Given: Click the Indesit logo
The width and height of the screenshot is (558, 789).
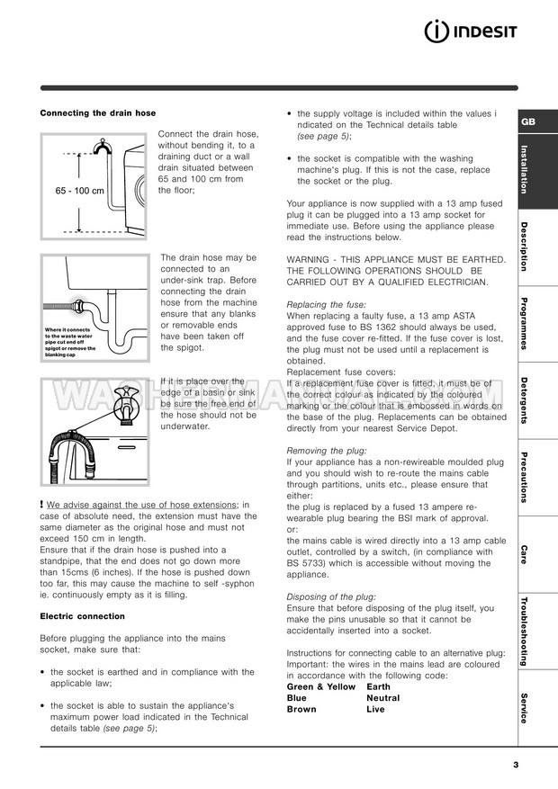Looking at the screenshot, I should coord(470,34).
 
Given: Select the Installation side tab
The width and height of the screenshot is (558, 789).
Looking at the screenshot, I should coord(525,168).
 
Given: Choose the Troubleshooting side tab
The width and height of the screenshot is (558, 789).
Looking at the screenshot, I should coord(525,630).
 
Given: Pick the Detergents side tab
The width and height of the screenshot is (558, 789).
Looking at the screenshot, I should coord(525,399).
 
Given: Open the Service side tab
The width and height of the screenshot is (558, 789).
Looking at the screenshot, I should coord(525,708).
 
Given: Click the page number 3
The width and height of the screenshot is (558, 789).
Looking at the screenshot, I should coord(516,765).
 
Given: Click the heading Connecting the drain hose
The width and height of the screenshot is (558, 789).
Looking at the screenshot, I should coord(98,113).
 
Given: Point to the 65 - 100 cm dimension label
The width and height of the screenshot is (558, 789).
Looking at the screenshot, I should coord(79,192).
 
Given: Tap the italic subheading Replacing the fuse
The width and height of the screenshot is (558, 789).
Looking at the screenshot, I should coord(319,305).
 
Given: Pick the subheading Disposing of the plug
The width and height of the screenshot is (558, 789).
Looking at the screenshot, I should coord(330,596).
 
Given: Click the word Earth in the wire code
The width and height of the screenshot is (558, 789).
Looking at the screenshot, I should coord(378,686).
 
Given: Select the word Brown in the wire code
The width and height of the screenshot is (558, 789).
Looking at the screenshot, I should coord(301,709).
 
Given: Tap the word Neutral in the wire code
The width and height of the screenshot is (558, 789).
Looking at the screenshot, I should coord(382,698).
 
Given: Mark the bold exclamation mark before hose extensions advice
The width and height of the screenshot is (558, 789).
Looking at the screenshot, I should coord(42,505).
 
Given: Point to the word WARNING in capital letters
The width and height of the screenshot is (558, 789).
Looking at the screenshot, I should coord(308,259).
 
